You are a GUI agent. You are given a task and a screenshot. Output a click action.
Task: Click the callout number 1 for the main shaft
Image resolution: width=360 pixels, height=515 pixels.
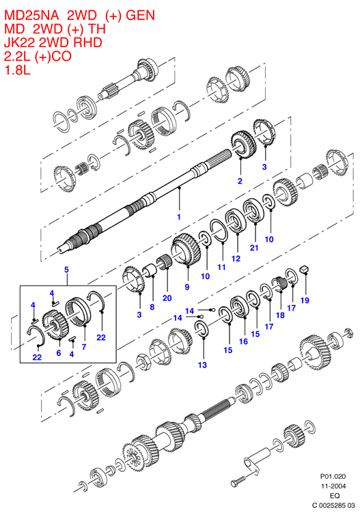click(x=179, y=217)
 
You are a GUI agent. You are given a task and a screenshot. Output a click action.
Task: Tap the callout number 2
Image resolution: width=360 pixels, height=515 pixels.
click(x=240, y=181)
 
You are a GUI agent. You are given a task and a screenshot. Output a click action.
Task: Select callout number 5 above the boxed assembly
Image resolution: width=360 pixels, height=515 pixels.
click(x=66, y=270)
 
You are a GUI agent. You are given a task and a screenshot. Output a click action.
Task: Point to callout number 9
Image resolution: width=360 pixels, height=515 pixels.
click(x=187, y=287)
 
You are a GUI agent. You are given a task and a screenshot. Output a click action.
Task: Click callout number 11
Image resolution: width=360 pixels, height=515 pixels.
click(x=222, y=267)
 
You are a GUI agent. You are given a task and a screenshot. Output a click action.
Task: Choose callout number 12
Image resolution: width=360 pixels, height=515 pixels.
click(x=236, y=258)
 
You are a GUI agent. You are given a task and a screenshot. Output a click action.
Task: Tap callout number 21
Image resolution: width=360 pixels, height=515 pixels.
click(x=254, y=247)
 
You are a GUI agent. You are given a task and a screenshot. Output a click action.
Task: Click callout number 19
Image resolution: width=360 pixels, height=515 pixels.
click(x=305, y=301)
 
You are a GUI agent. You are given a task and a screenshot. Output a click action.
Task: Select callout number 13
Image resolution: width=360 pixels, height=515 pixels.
click(x=202, y=365)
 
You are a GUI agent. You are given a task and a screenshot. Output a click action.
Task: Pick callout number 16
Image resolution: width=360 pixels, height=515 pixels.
click(x=243, y=342)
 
